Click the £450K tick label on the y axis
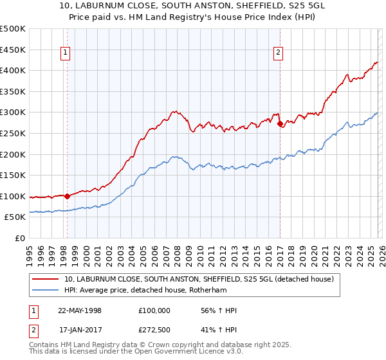tap(12, 50)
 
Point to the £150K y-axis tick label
tap(12, 175)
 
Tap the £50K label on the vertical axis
tap(15, 217)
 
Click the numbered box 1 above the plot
tap(66, 53)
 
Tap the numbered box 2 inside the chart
tap(279, 53)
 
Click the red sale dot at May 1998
tap(67, 196)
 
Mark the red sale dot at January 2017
tap(280, 124)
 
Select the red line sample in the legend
tap(46, 280)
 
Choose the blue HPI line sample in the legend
tap(46, 291)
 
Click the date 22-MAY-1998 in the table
tap(80, 311)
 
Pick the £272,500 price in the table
tap(154, 330)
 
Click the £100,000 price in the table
tap(154, 311)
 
